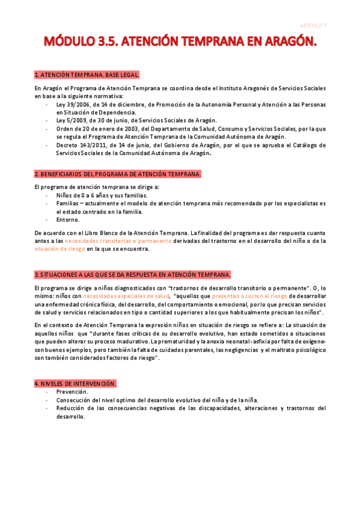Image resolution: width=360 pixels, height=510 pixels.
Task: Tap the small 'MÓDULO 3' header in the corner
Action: point(313,25)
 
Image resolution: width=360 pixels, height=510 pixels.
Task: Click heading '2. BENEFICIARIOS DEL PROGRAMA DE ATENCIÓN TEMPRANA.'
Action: point(118,174)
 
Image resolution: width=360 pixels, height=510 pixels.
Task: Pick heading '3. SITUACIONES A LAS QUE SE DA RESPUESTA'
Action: point(133,274)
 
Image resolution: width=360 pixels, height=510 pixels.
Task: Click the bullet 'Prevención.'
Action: point(72,392)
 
